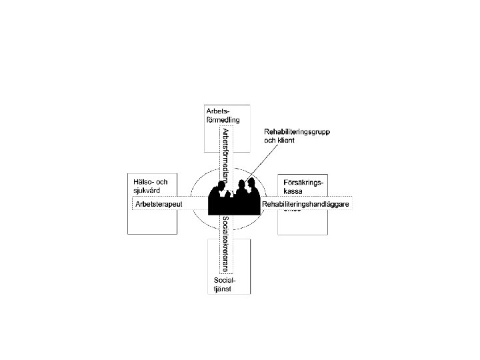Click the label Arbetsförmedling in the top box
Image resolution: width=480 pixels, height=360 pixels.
(222, 115)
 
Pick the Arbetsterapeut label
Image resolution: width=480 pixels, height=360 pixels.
(159, 203)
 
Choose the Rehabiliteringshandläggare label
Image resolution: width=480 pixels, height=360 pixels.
(306, 203)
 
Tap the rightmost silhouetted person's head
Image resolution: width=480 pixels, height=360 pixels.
(251, 182)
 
